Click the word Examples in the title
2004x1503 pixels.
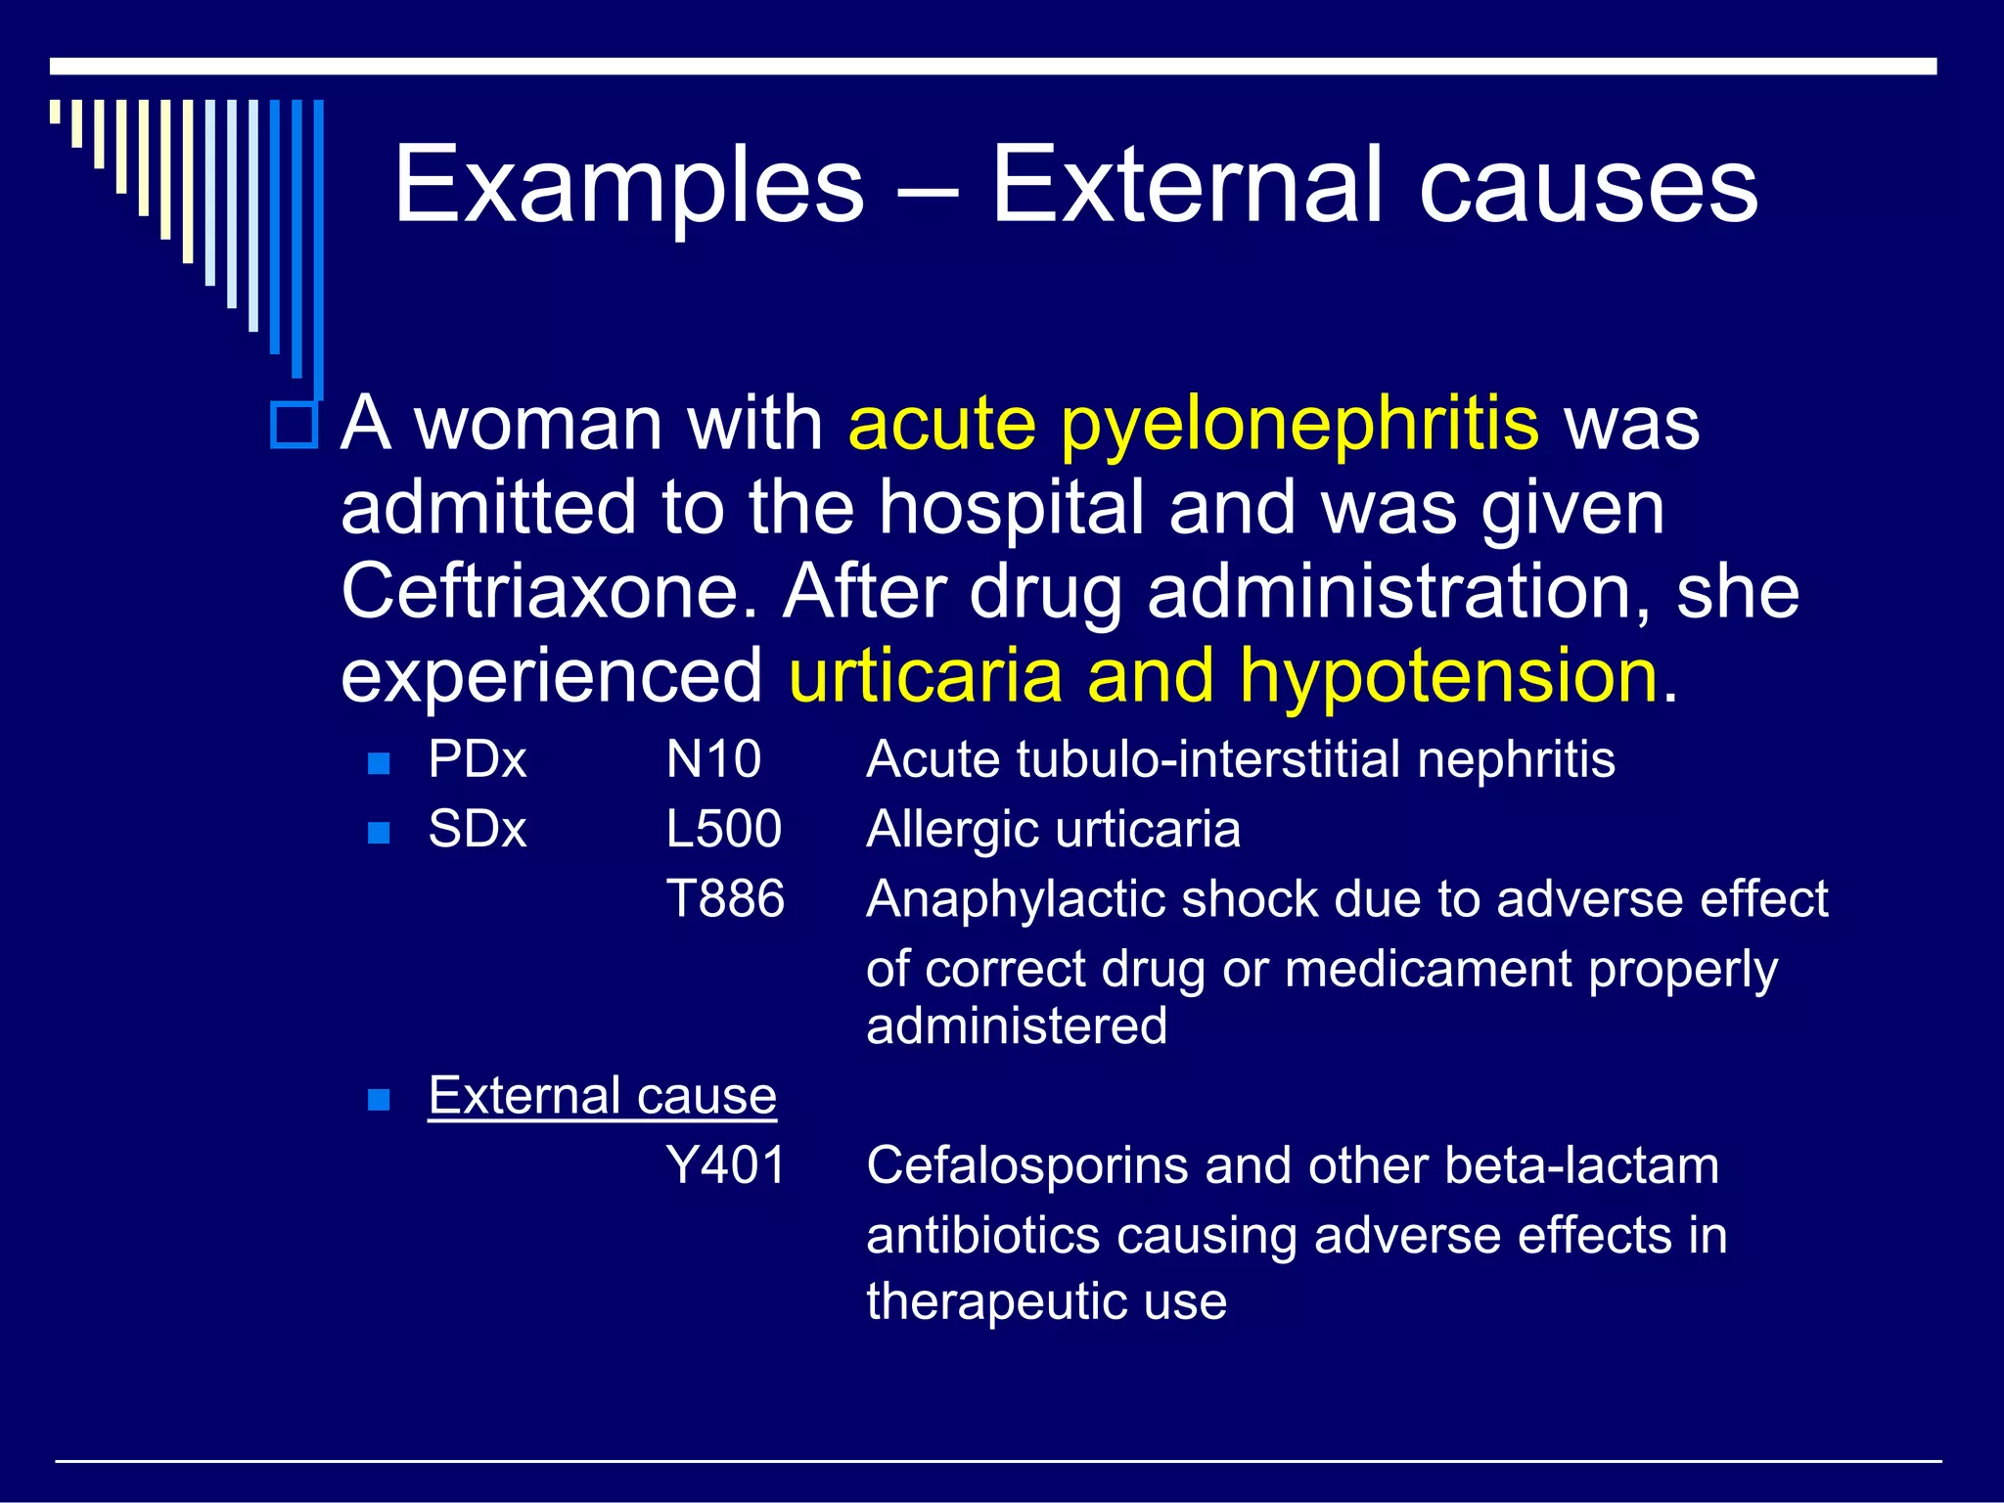(628, 186)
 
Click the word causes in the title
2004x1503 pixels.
(1587, 186)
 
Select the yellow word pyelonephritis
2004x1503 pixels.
(1299, 426)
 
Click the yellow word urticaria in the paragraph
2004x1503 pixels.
(926, 677)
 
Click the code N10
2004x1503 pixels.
(713, 760)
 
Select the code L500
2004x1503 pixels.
(723, 830)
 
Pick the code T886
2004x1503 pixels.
(725, 899)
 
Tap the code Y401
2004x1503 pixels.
(725, 1166)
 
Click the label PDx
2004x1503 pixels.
(478, 760)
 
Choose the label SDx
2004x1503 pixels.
(478, 830)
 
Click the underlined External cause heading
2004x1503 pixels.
(602, 1096)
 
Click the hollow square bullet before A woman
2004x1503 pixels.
(294, 426)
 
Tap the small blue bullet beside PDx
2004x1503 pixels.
(379, 763)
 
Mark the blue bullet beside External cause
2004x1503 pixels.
(379, 1100)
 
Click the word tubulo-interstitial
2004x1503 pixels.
(1207, 760)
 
